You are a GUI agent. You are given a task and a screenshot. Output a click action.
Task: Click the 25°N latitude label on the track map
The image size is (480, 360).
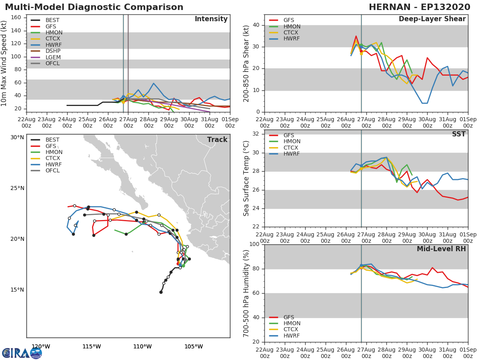tap(17, 188)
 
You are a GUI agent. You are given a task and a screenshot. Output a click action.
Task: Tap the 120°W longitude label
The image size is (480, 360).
tap(41, 346)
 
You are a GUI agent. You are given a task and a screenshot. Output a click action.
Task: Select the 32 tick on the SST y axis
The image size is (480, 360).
tap(256, 134)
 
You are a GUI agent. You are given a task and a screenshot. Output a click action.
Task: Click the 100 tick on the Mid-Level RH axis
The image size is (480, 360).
tap(254, 244)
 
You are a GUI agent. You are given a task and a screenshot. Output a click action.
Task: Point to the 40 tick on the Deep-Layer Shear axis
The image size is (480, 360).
tap(256, 25)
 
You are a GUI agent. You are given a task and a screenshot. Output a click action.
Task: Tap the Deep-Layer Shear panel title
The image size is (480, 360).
tap(432, 19)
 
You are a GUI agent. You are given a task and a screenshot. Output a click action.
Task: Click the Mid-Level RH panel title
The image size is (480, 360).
tap(441, 249)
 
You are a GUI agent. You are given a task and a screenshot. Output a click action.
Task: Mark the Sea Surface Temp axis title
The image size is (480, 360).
tap(246, 178)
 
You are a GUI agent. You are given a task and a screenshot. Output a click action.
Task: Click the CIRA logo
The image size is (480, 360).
tap(22, 353)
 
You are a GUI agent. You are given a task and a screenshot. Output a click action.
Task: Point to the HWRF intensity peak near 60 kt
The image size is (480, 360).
tap(154, 83)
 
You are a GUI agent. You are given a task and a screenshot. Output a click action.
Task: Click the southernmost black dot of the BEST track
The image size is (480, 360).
tap(161, 292)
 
